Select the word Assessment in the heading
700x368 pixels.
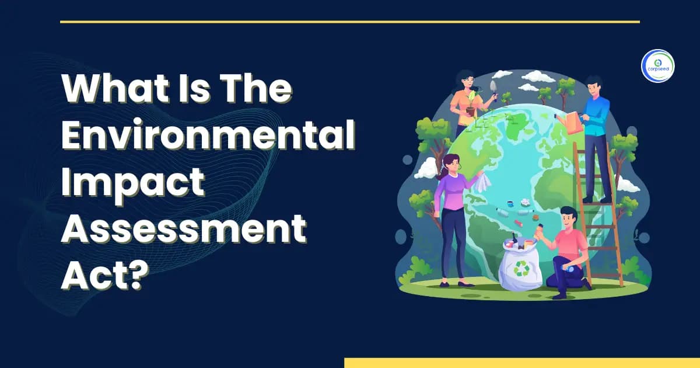[x=184, y=231]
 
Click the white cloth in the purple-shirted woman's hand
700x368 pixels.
[x=482, y=182]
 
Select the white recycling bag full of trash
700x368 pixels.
[x=519, y=266]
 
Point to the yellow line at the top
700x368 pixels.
[x=350, y=22]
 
